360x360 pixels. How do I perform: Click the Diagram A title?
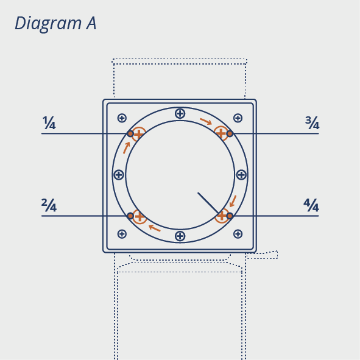55,23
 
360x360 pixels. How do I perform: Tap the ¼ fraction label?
49,123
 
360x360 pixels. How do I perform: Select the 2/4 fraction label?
49,205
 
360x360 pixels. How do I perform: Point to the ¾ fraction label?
312,123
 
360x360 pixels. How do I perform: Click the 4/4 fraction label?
311,205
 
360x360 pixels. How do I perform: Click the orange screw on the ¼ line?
138,134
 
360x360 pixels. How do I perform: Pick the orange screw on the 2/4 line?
139,216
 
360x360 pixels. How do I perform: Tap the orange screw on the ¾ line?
221,133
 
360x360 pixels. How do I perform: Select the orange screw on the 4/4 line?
222,216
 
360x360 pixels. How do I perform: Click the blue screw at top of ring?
180,113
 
